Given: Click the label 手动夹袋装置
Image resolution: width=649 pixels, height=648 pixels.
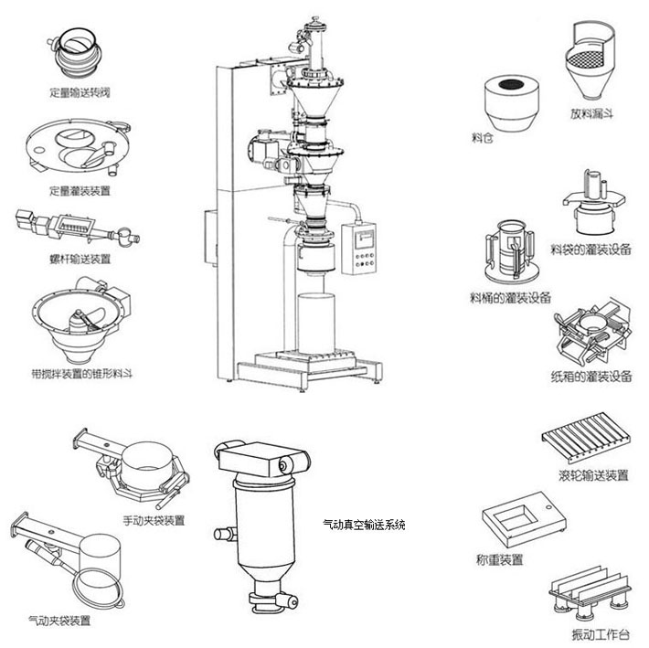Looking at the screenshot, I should point(154,521).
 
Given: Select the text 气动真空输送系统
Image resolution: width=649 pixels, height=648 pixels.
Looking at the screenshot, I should point(365,526).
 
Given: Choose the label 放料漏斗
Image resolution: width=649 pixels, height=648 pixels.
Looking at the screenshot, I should point(590,115).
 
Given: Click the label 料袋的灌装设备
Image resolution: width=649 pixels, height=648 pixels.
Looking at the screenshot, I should point(590,248).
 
